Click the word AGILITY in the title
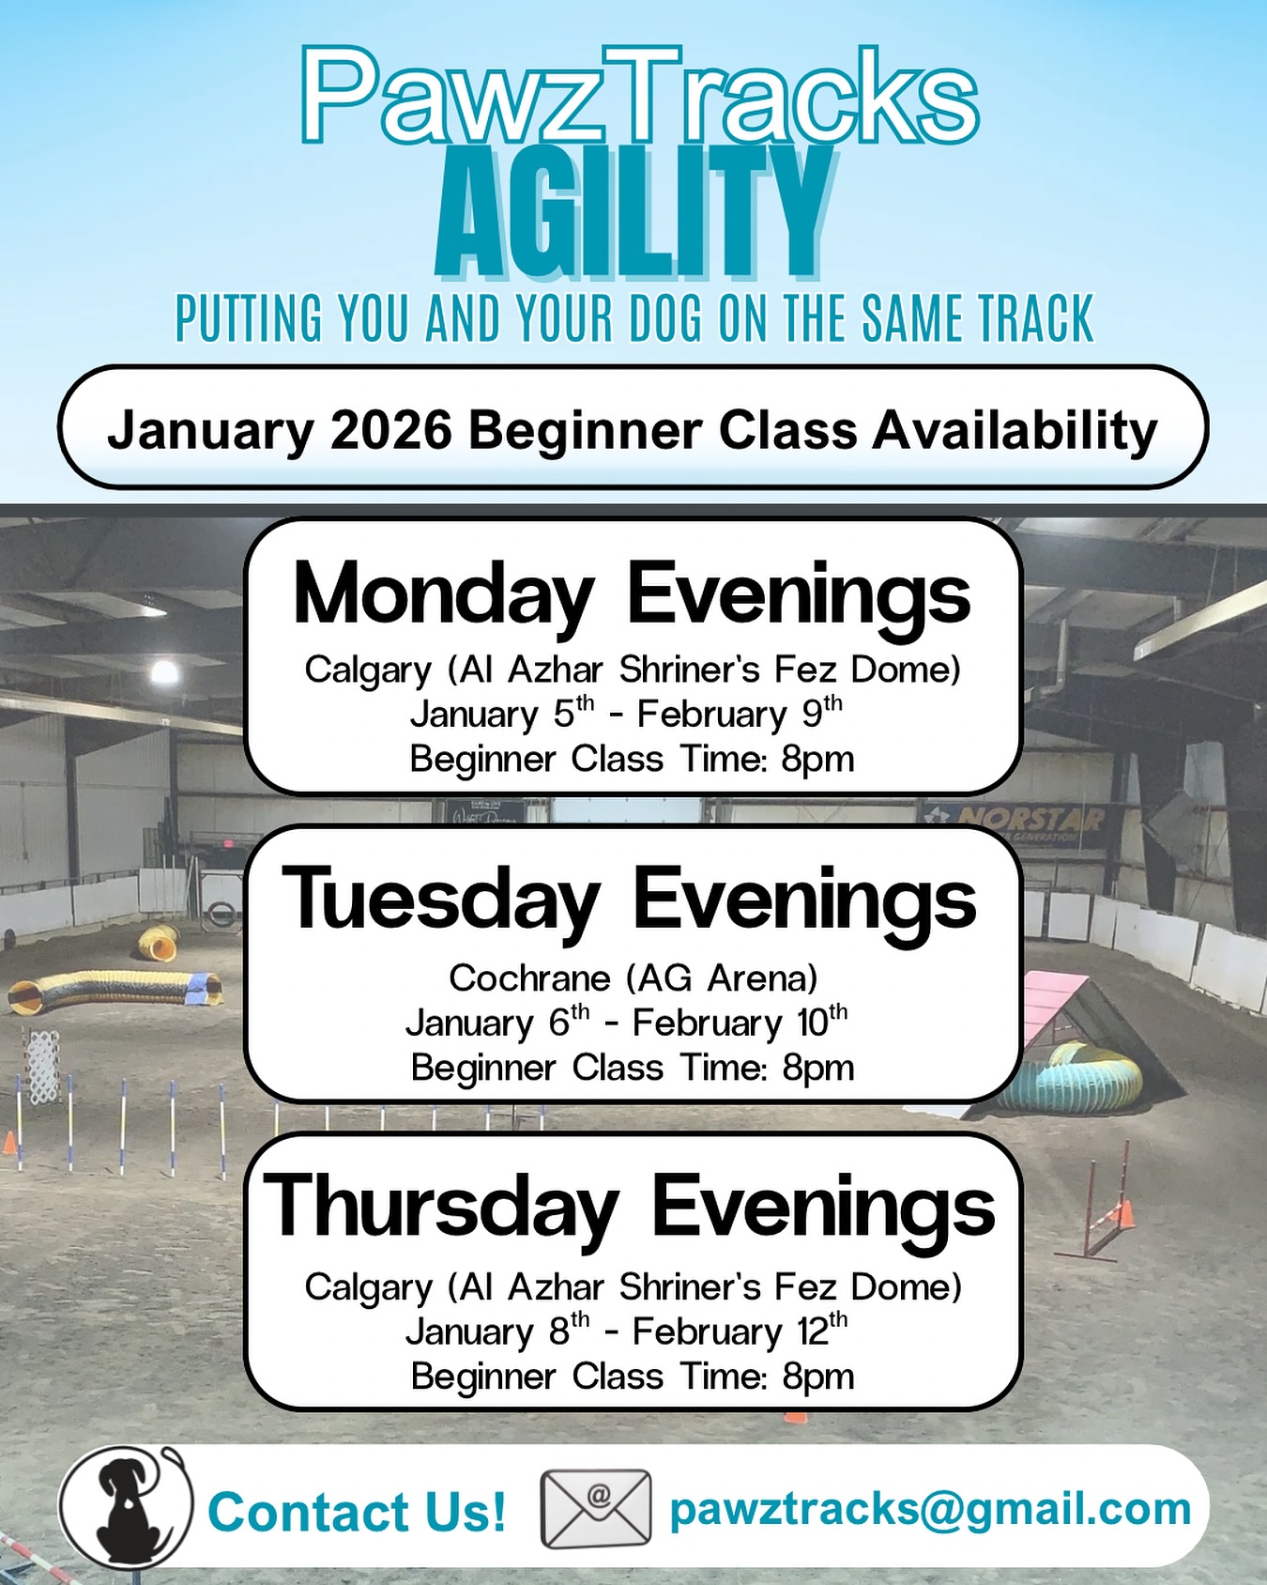tap(633, 214)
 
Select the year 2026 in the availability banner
tap(391, 430)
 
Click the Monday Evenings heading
tap(632, 594)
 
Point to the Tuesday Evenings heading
tap(630, 900)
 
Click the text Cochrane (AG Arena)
tap(633, 978)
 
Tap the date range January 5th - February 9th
tap(626, 715)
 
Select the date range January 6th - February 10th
tap(626, 1023)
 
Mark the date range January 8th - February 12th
tap(626, 1331)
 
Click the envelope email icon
tap(596, 1509)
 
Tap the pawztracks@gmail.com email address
tap(930, 1509)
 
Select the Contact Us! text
tap(357, 1512)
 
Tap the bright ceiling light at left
tap(164, 671)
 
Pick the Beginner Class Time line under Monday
tap(632, 759)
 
